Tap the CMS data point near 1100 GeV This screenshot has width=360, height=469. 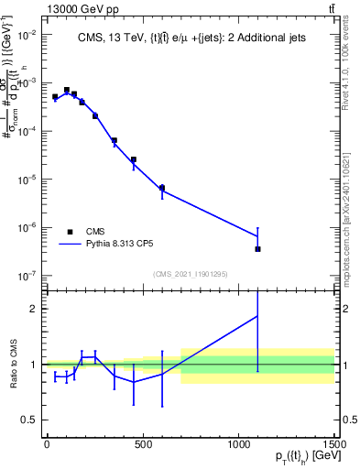click(x=258, y=248)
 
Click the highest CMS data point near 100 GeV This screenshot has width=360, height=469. click(x=66, y=90)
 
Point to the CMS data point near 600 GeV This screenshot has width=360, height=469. click(x=162, y=188)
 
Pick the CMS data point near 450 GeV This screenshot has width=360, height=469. click(x=134, y=159)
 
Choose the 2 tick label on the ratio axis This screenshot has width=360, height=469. click(x=32, y=309)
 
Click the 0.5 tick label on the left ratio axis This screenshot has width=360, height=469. click(x=28, y=420)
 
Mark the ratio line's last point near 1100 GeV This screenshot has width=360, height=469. click(x=258, y=315)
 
